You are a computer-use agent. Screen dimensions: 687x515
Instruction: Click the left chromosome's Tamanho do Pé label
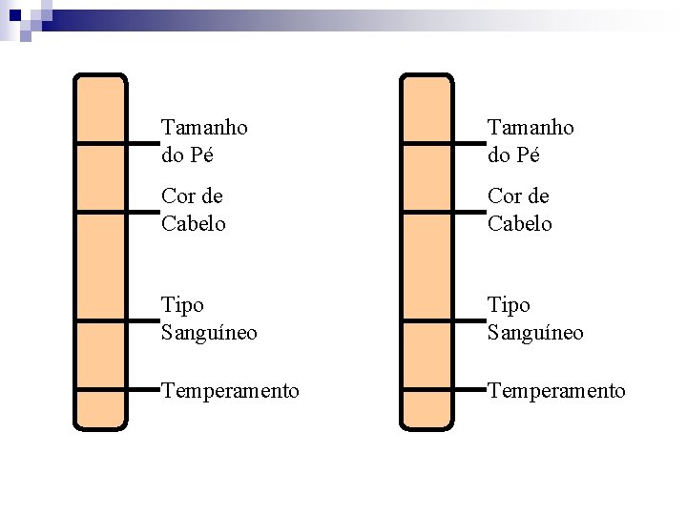tap(204, 140)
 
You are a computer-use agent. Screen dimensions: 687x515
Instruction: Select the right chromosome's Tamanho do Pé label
tap(531, 140)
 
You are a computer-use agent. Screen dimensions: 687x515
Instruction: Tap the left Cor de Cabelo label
tap(194, 209)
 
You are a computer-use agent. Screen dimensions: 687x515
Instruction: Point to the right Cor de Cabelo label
tap(520, 209)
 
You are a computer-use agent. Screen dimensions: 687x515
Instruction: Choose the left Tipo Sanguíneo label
tap(209, 319)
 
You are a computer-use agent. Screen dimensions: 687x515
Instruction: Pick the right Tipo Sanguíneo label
tap(535, 319)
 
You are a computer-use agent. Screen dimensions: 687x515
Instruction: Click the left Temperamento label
tap(230, 391)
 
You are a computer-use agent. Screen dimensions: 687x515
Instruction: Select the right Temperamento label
tap(556, 391)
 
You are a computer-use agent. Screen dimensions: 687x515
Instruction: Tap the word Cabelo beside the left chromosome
tap(194, 223)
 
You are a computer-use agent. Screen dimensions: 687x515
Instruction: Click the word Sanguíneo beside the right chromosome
tap(535, 333)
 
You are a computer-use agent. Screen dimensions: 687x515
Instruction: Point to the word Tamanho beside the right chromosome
tap(531, 127)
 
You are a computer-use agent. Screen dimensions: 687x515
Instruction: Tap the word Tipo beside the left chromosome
tap(182, 305)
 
